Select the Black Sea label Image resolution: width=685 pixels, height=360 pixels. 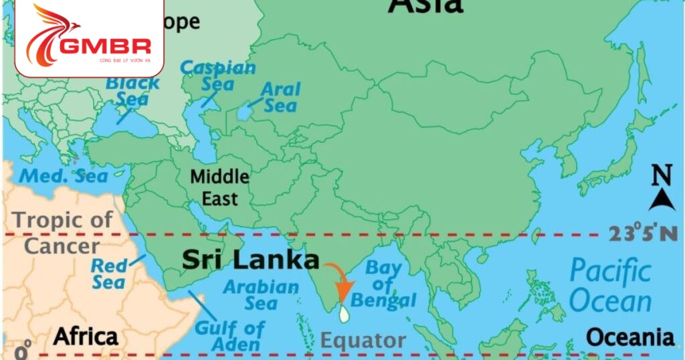[x=133, y=92]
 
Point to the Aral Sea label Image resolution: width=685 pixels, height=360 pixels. [x=281, y=98]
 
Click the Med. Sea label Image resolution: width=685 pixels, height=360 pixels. [x=63, y=176]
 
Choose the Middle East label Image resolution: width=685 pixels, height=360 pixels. [x=219, y=187]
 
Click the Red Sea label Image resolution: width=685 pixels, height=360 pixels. [x=109, y=274]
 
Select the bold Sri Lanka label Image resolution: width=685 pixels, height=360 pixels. [x=250, y=260]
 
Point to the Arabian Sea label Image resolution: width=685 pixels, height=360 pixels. [x=260, y=295]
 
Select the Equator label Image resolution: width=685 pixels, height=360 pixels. [x=363, y=340]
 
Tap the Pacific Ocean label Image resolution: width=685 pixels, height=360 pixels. [x=609, y=286]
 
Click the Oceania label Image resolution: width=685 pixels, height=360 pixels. [x=630, y=337]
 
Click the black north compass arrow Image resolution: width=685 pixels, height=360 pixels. [x=662, y=198]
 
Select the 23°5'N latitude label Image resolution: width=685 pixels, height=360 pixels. [x=643, y=234]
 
